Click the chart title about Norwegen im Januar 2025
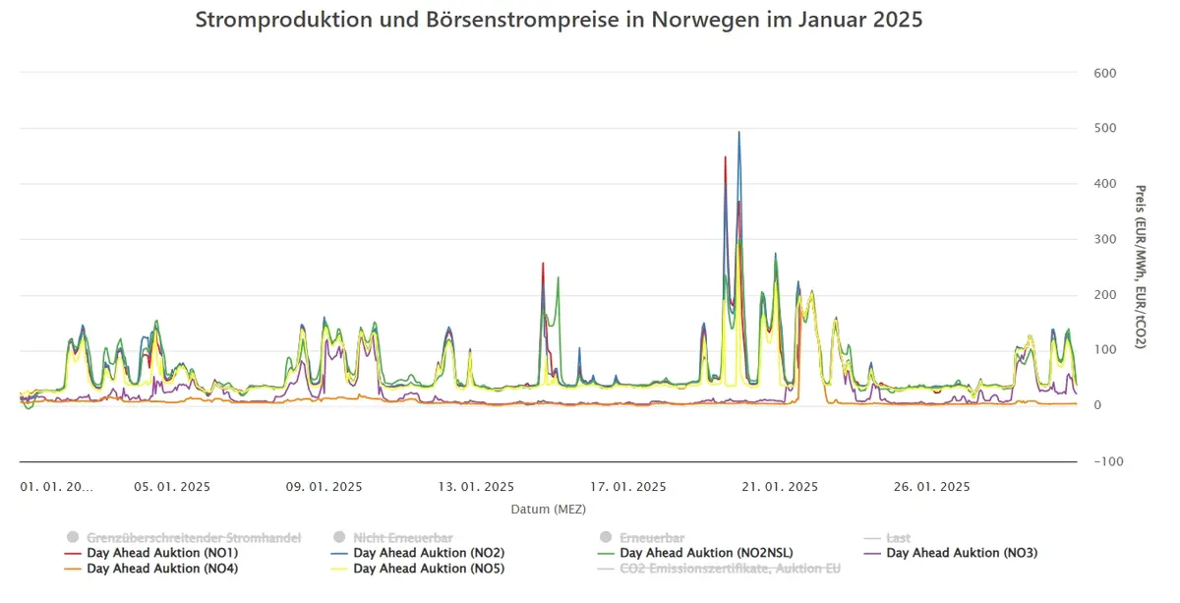pos(559,20)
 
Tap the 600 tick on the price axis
pos(1104,73)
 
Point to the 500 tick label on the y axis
pos(1104,128)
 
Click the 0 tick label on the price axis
pos(1097,405)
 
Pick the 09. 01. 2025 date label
pos(324,487)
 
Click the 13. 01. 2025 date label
pos(476,487)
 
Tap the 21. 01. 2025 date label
pos(780,487)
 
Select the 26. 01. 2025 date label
pos(932,487)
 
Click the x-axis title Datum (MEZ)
pos(549,510)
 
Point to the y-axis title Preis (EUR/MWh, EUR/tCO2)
pos(1140,267)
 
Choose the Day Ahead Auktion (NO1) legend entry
pos(151,553)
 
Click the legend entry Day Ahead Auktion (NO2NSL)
pos(695,553)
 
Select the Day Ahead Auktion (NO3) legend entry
pos(951,553)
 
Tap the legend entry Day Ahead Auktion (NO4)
pos(151,569)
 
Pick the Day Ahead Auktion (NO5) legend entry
pos(418,569)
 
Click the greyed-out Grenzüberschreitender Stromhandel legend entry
pos(183,538)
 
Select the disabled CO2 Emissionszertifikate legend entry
pos(719,569)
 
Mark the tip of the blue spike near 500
pos(739,132)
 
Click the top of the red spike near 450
pos(726,157)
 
